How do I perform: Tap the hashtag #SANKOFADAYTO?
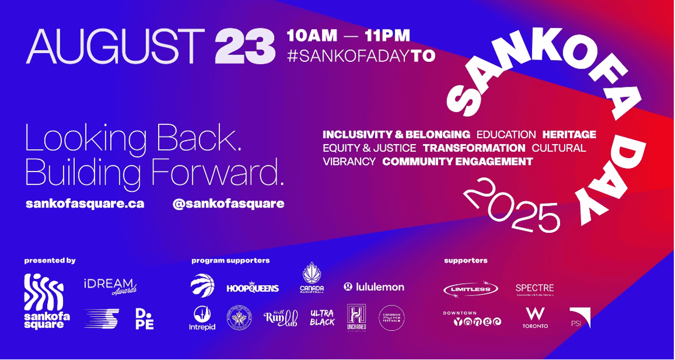[x=361, y=56]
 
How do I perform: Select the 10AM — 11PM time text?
[x=348, y=36]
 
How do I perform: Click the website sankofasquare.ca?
[x=85, y=204]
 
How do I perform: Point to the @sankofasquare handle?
[x=228, y=204]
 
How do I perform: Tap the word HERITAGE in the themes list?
[x=569, y=135]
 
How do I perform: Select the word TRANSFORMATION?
[x=474, y=148]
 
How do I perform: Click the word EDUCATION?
[x=506, y=135]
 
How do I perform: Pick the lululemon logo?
[x=374, y=287]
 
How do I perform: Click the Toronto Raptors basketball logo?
[x=202, y=285]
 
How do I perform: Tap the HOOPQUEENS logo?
[x=253, y=287]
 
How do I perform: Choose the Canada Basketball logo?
[x=312, y=279]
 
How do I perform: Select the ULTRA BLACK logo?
[x=322, y=318]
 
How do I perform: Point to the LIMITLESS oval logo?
[x=470, y=289]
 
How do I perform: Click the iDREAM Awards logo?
[x=110, y=286]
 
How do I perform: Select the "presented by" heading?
[x=49, y=260]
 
